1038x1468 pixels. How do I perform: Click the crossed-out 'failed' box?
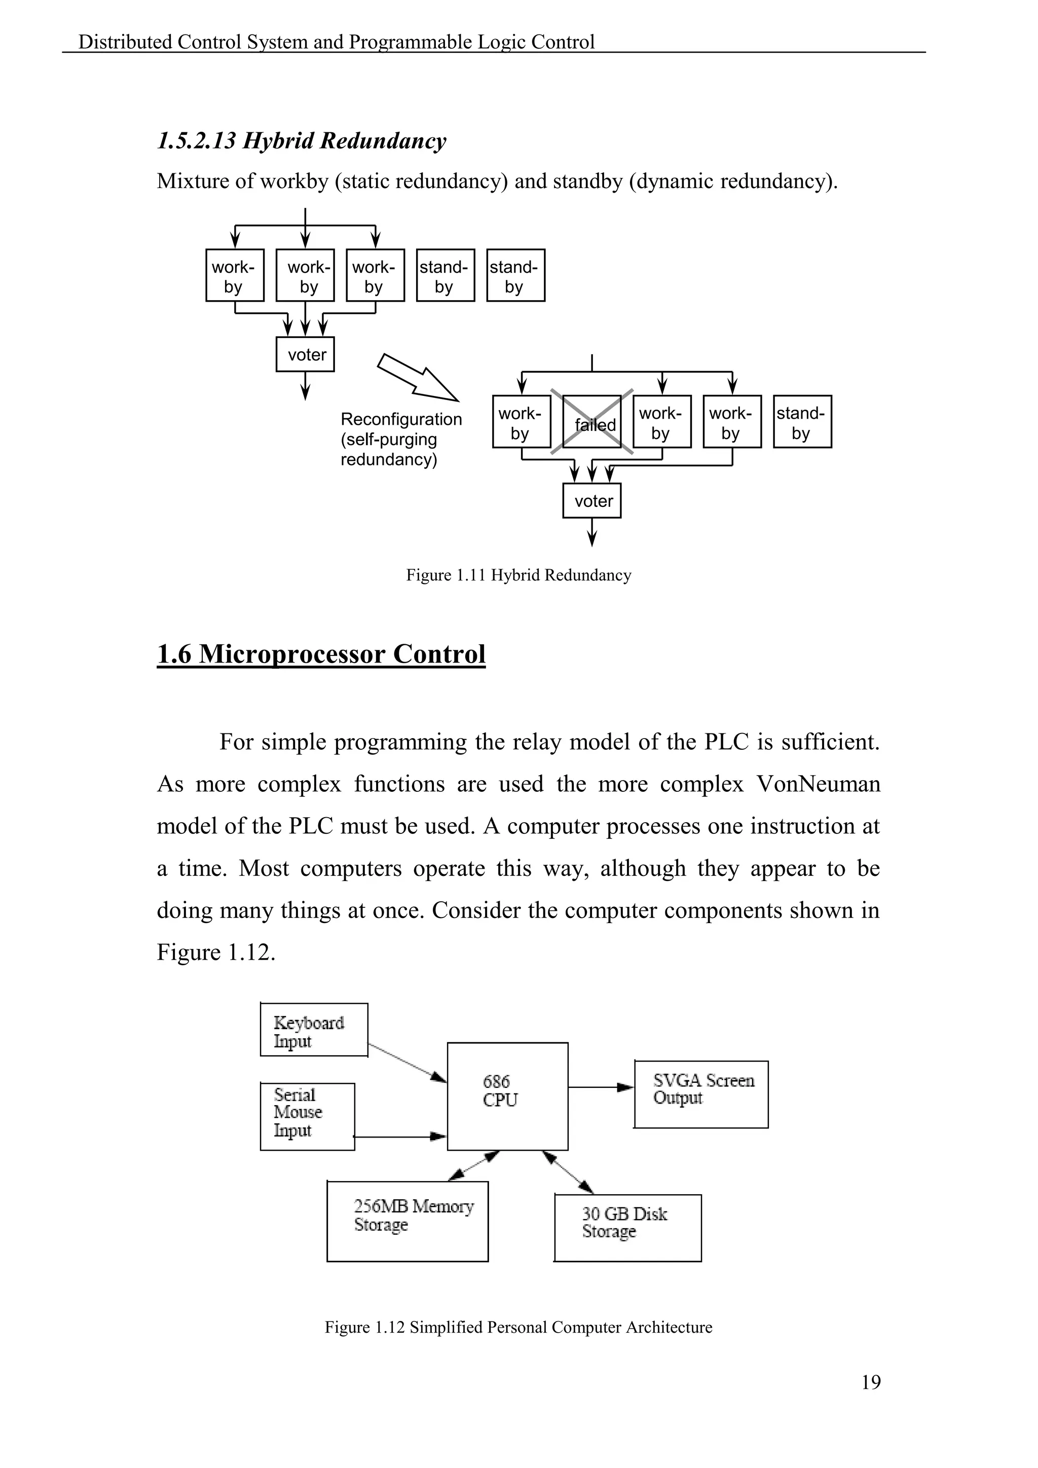(x=592, y=421)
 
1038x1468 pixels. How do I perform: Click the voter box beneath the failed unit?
(x=592, y=501)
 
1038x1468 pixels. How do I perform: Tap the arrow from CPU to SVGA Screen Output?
(x=601, y=1087)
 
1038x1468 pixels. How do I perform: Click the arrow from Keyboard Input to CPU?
(x=407, y=1062)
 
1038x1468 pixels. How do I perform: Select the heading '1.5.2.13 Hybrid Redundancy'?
(x=302, y=140)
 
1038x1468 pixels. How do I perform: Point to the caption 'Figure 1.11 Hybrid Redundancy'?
(x=518, y=575)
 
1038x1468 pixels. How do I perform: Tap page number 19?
(x=871, y=1382)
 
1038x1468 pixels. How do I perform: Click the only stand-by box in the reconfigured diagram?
(x=802, y=421)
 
